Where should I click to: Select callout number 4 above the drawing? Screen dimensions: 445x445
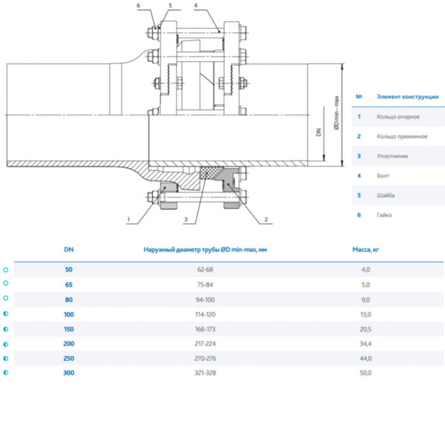(196, 5)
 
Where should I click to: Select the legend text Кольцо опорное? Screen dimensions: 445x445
(394, 117)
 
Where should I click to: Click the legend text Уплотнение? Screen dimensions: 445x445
(392, 156)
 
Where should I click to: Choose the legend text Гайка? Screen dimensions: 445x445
(384, 215)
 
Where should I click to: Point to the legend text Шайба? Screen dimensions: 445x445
(385, 195)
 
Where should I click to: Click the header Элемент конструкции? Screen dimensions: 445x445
(407, 97)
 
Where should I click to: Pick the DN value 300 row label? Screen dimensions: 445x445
(69, 373)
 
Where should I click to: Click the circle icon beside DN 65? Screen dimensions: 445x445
(6, 284)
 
